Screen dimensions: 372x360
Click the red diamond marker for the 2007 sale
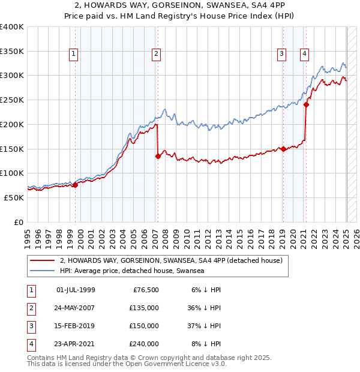click(158, 156)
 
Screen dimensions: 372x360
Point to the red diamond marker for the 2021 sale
click(306, 104)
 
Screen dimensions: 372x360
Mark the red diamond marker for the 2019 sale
click(283, 149)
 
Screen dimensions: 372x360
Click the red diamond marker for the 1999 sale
click(76, 185)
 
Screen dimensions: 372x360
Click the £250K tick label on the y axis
click(12, 100)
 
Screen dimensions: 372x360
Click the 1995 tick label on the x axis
click(28, 235)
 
